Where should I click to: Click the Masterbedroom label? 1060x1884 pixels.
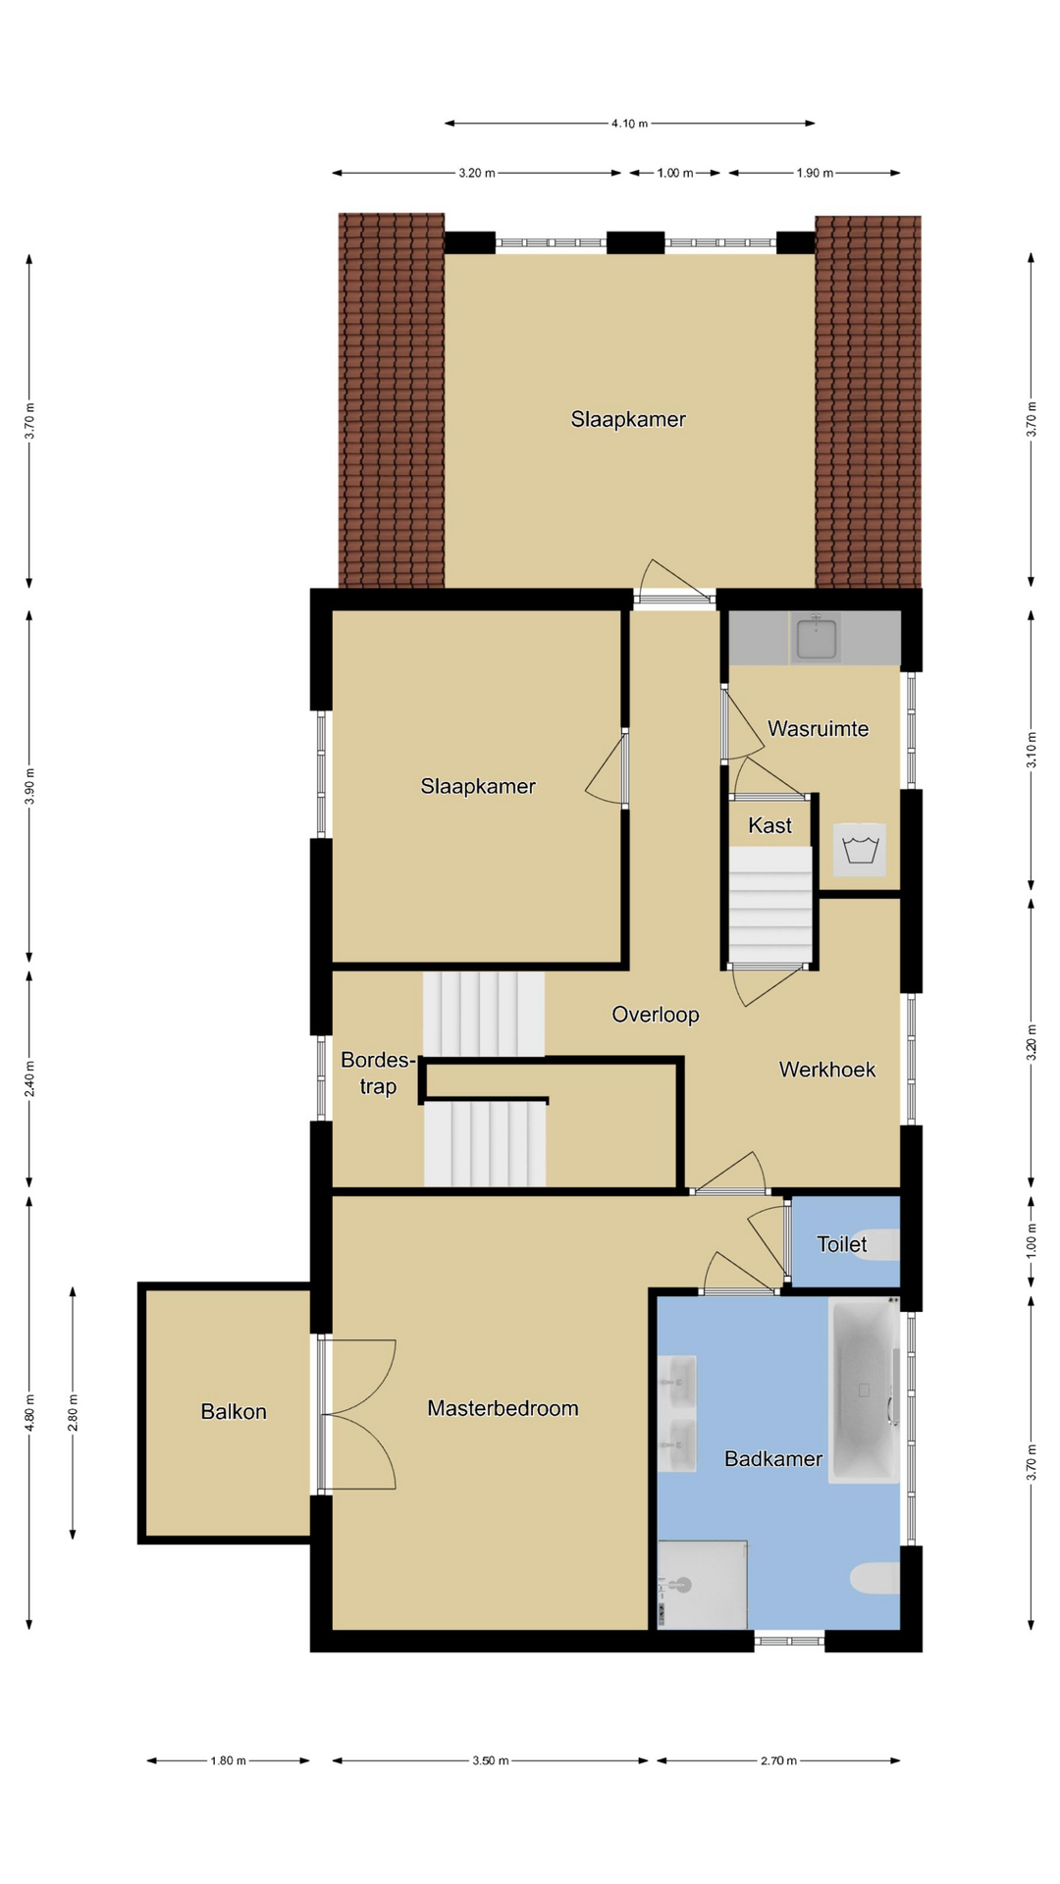tap(503, 1408)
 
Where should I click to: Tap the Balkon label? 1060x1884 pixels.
tap(234, 1411)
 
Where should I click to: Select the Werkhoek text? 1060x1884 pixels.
tap(826, 1070)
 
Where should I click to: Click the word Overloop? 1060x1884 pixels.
tap(655, 1015)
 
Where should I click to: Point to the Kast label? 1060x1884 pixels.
tap(769, 825)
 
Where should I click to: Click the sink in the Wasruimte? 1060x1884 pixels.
tap(816, 638)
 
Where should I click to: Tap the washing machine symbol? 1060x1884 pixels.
tap(860, 849)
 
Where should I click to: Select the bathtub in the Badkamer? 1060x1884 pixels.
tap(865, 1388)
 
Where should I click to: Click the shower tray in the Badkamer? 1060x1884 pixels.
tap(703, 1585)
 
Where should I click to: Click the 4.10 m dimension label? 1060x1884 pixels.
tap(629, 124)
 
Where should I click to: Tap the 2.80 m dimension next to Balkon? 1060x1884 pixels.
tap(73, 1413)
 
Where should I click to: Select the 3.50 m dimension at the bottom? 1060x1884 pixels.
tap(490, 1760)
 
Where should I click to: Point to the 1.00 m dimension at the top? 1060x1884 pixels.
tap(674, 173)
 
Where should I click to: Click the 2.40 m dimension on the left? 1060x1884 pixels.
tap(29, 1078)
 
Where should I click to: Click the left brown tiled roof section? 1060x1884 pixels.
tap(392, 400)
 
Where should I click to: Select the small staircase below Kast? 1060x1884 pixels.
tap(770, 905)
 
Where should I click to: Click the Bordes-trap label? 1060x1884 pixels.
tap(378, 1073)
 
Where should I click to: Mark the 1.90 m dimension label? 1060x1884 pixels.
tap(815, 173)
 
